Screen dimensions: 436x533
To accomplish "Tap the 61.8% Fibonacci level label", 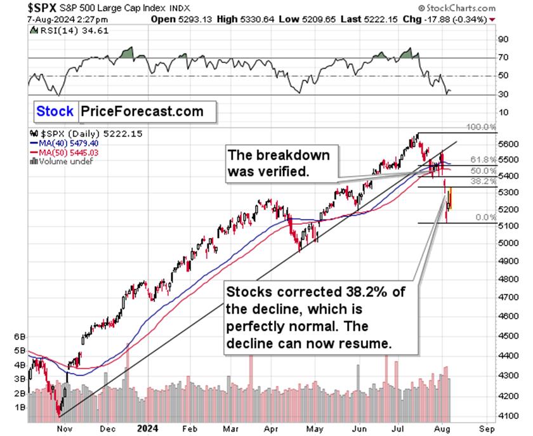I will tap(480, 159).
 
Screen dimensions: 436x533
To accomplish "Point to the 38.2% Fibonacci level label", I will tap(480, 182).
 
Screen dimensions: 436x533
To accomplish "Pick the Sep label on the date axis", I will tap(487, 428).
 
